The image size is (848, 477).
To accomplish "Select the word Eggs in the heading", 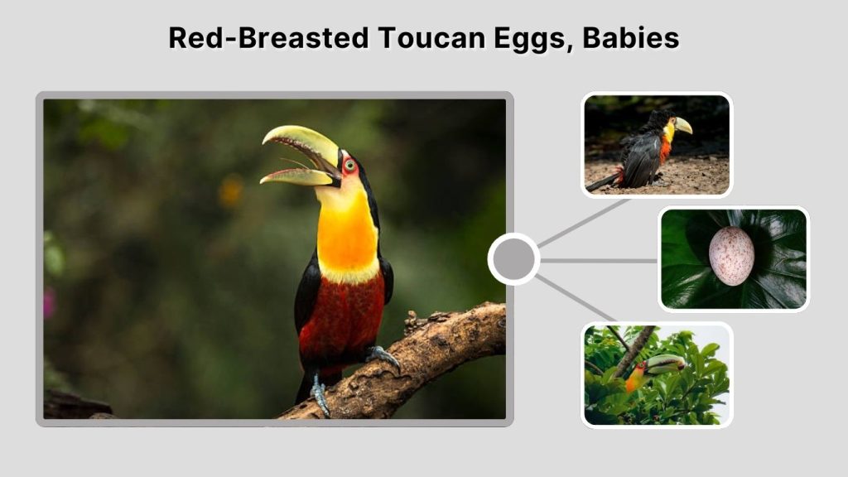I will (x=529, y=38).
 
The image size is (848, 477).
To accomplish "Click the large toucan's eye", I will (x=349, y=164).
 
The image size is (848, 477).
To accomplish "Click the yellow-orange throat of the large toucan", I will (x=347, y=236).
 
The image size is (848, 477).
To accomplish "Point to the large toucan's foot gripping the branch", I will (x=383, y=355).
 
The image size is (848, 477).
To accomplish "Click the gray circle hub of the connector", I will (x=513, y=260).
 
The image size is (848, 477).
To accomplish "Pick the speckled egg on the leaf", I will (x=732, y=256).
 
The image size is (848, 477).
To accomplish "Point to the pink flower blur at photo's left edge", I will (x=49, y=303).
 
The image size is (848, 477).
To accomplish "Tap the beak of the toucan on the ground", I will (x=683, y=125).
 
